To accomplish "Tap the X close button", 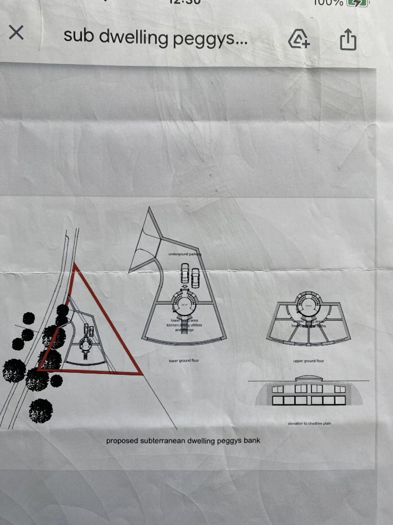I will coord(16,33).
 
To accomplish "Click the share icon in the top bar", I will coord(347,39).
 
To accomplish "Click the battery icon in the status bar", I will coord(358,2).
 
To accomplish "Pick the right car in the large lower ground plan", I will coord(196,278).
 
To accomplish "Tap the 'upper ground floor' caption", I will coord(309,361).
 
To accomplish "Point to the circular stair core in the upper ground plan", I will coord(309,306).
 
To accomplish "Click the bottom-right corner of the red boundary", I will coord(141,374).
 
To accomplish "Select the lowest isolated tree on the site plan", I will coord(40,411).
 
